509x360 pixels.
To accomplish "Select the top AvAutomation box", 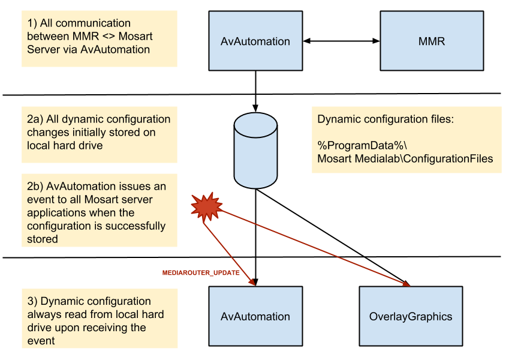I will pyautogui.click(x=255, y=41).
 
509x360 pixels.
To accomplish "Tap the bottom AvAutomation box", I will pyautogui.click(x=255, y=316).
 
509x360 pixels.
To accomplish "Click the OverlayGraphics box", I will pyautogui.click(x=411, y=316).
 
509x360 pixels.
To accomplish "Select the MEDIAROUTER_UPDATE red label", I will pyautogui.click(x=201, y=273).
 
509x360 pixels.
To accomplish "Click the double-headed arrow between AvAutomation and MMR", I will pyautogui.click(x=342, y=41).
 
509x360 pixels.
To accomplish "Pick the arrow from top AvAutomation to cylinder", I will pyautogui.click(x=256, y=90).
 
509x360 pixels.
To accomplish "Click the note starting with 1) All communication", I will pyautogui.click(x=99, y=37).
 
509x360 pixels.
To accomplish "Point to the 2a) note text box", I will pyautogui.click(x=99, y=133).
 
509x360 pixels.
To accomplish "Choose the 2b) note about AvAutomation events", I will pyautogui.click(x=99, y=213).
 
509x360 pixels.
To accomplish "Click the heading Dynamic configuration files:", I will pyautogui.click(x=385, y=119).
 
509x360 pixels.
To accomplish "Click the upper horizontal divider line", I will pyautogui.click(x=120, y=94).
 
